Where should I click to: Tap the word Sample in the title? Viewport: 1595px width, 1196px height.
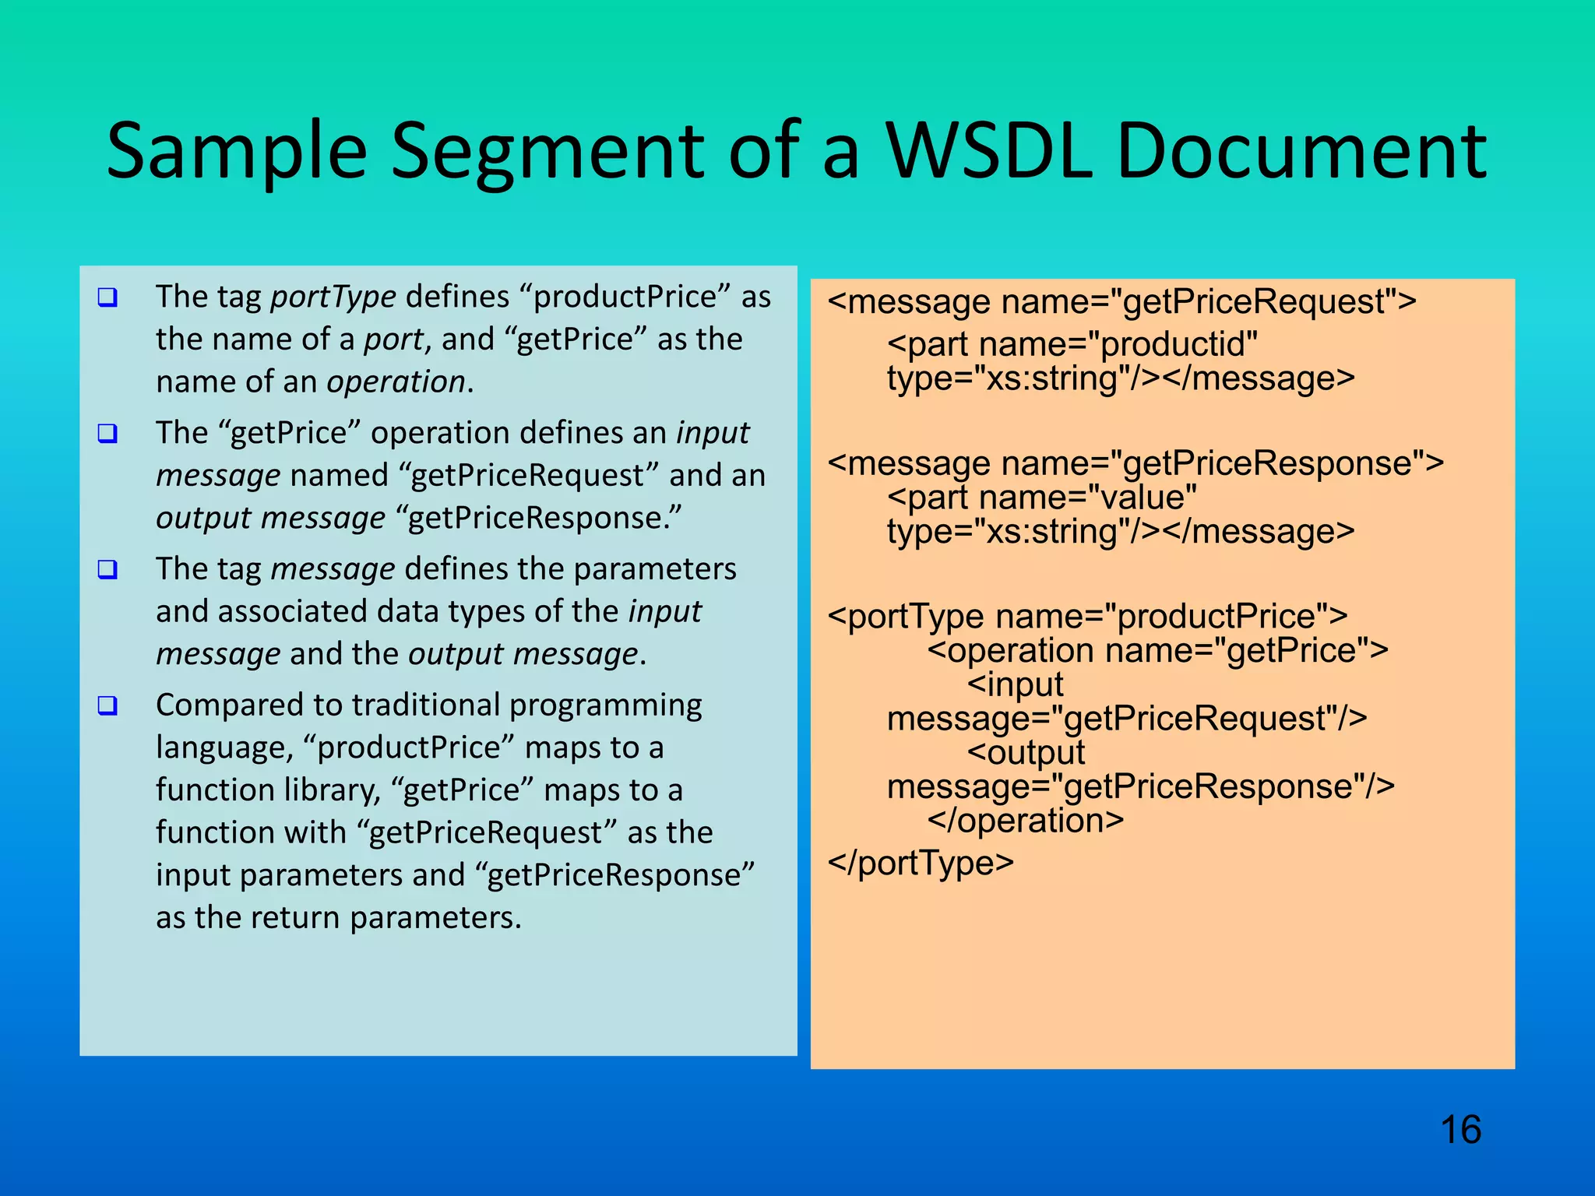tap(236, 153)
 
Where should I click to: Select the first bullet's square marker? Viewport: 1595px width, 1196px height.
tap(107, 297)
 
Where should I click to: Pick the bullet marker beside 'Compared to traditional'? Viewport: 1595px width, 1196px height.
tap(107, 705)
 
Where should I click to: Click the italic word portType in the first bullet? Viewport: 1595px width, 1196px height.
tap(333, 297)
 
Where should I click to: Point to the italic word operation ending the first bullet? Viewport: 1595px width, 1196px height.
tap(396, 382)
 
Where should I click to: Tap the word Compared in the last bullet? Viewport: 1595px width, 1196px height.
tap(229, 705)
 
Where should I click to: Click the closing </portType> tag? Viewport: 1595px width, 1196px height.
tap(921, 863)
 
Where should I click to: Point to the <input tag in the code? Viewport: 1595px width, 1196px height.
tap(1015, 685)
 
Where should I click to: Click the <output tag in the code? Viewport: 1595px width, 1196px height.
tap(1026, 753)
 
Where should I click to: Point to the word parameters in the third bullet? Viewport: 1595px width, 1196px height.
tap(654, 569)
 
